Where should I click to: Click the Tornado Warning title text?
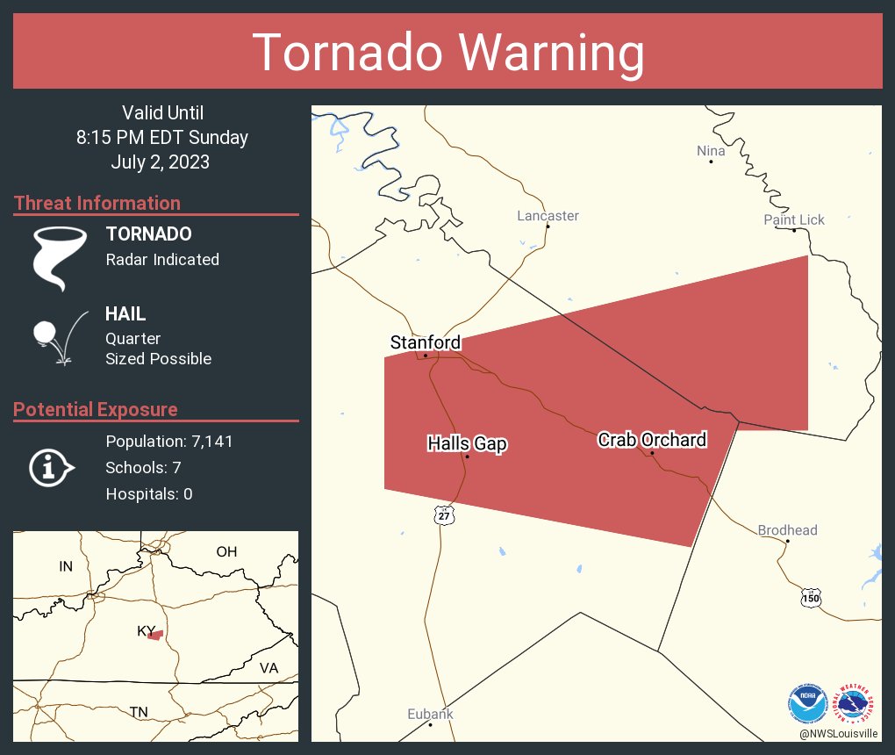pyautogui.click(x=448, y=53)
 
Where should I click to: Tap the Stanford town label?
pyautogui.click(x=425, y=342)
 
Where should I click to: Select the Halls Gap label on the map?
pyautogui.click(x=467, y=443)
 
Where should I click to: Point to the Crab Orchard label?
pyautogui.click(x=651, y=439)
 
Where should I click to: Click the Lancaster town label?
pyautogui.click(x=548, y=215)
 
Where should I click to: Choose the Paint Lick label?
pyautogui.click(x=793, y=219)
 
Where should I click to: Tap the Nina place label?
pyautogui.click(x=711, y=151)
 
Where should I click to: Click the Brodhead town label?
pyautogui.click(x=787, y=529)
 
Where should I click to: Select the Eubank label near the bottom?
pyautogui.click(x=430, y=714)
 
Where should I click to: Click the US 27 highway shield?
pyautogui.click(x=445, y=515)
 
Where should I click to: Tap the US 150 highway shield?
pyautogui.click(x=810, y=598)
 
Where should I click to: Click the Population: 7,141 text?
pyautogui.click(x=168, y=442)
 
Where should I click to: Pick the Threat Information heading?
pyautogui.click(x=97, y=203)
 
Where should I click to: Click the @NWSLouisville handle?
pyautogui.click(x=837, y=733)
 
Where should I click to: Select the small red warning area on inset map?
pyautogui.click(x=154, y=635)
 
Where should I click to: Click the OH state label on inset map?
pyautogui.click(x=226, y=551)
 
